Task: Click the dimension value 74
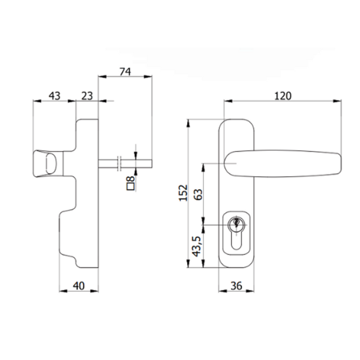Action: (125, 71)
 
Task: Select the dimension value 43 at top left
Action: (54, 95)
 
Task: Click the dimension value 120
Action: (283, 95)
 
